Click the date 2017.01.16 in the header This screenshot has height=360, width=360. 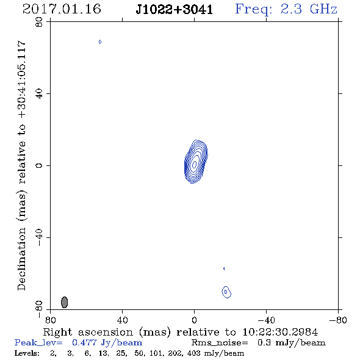[x=62, y=9]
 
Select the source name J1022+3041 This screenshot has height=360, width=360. [x=175, y=10]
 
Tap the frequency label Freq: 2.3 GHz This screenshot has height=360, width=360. [x=286, y=9]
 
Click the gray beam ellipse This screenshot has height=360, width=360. [x=65, y=302]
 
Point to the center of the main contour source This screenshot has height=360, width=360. [x=195, y=164]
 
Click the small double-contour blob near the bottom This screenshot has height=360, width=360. [x=226, y=292]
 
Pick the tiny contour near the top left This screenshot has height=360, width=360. [x=100, y=41]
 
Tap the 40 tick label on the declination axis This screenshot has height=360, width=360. [x=39, y=93]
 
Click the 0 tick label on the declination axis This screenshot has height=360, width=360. [x=39, y=165]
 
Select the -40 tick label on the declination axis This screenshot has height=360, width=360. [x=39, y=237]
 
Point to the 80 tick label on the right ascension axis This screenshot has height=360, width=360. [x=50, y=320]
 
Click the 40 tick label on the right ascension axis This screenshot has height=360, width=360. [x=122, y=320]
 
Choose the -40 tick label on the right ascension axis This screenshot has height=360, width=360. [x=266, y=320]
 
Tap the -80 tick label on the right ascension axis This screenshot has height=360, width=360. [x=338, y=320]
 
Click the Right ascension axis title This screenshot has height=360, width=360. [x=181, y=332]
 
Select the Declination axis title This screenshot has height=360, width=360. [x=21, y=166]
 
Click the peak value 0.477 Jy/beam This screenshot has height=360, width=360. [x=107, y=343]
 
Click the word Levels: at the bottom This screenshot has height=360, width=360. [x=27, y=353]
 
